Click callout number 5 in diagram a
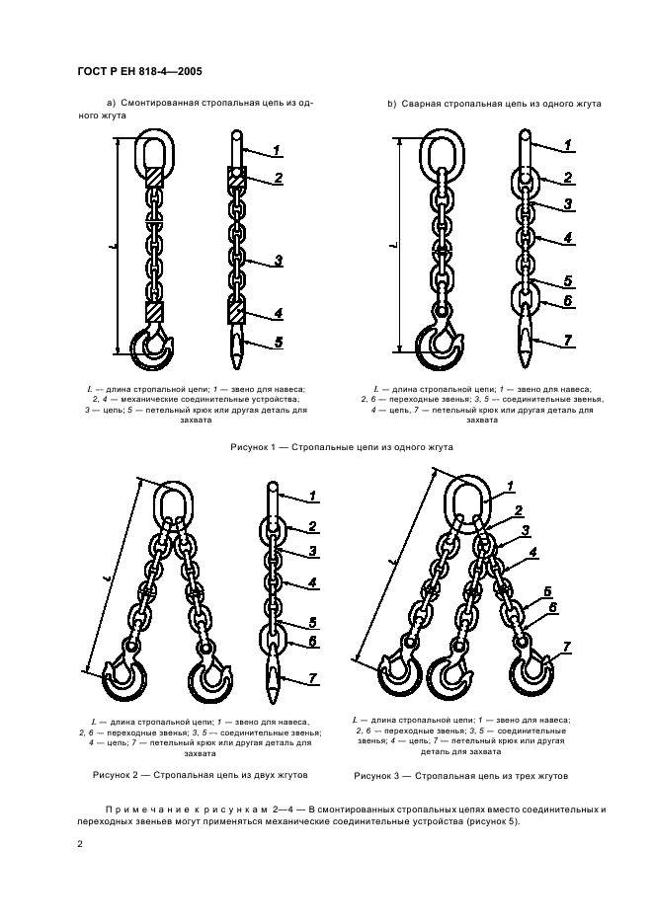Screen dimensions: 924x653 [x=278, y=343]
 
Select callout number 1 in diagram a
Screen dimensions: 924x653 [x=278, y=150]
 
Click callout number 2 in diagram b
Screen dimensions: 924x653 [x=569, y=178]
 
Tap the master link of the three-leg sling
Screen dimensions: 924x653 [x=466, y=500]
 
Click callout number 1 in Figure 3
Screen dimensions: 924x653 [x=510, y=485]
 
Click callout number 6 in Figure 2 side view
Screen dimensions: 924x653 [x=311, y=642]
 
